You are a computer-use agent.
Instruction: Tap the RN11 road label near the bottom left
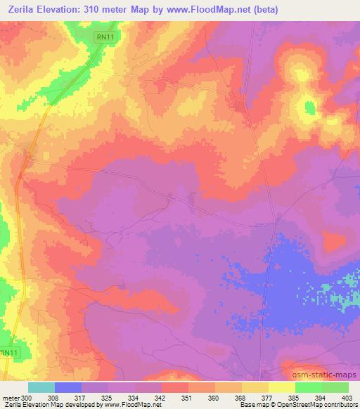(x=8, y=353)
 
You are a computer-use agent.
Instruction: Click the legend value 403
(x=347, y=398)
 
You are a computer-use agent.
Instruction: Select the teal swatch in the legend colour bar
(x=41, y=387)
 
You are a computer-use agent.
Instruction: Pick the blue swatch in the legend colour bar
(x=68, y=387)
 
